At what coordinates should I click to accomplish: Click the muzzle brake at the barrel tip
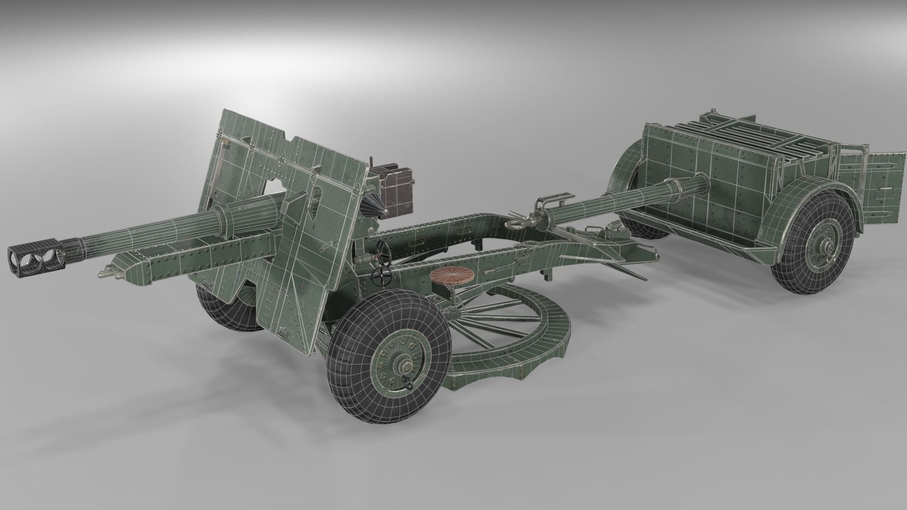coord(35,255)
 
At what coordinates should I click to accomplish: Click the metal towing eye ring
coord(518,222)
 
